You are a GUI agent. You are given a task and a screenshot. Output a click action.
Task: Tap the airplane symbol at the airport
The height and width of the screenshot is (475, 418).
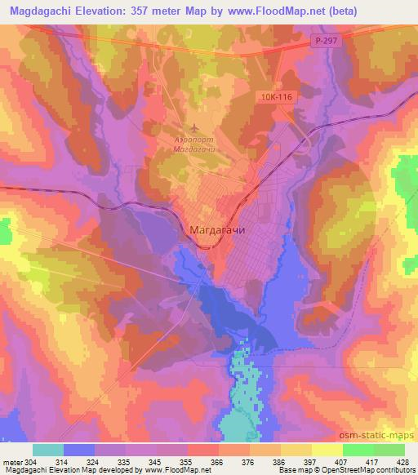click(x=193, y=127)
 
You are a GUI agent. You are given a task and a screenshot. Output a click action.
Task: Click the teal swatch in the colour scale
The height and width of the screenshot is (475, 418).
click(x=48, y=450)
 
